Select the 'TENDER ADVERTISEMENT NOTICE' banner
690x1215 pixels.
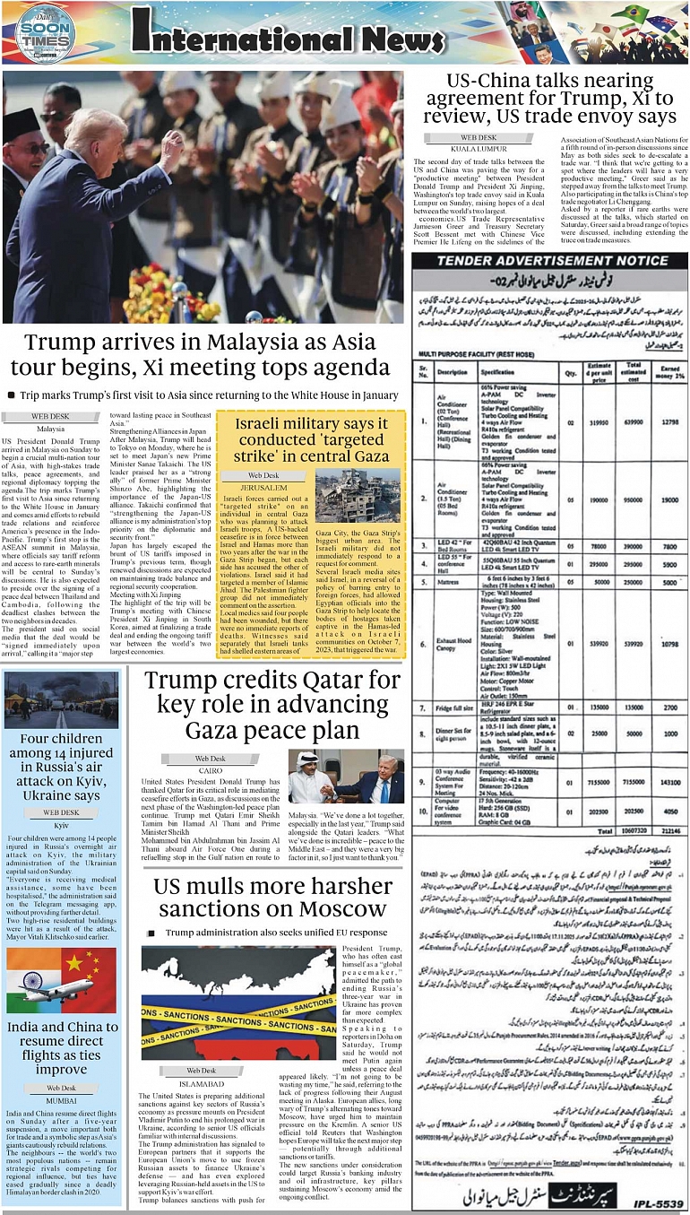pyautogui.click(x=549, y=260)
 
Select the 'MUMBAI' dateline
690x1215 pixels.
pyautogui.click(x=62, y=1098)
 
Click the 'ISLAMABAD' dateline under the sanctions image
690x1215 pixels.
pyautogui.click(x=201, y=1082)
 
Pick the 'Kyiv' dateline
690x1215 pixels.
pyautogui.click(x=62, y=824)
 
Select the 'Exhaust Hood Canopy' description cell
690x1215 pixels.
pyautogui.click(x=452, y=643)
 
